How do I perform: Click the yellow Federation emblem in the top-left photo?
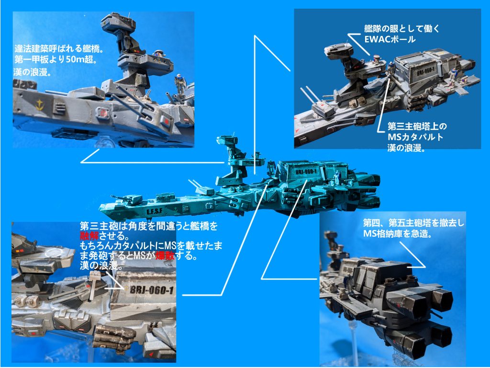tap(37, 103)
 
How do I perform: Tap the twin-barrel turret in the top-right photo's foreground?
tap(324, 109)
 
